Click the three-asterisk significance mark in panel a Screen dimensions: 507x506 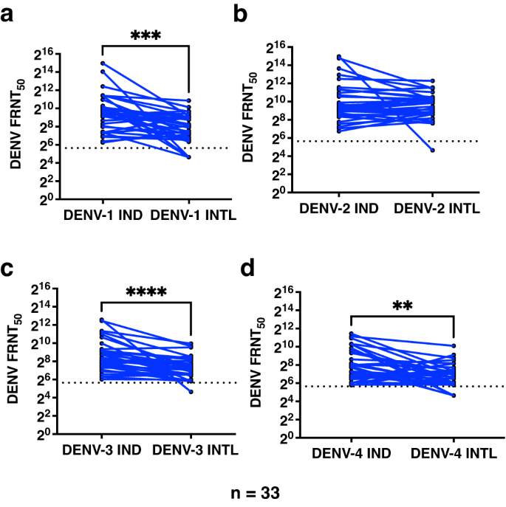(x=146, y=35)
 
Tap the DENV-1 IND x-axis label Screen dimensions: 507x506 (x=101, y=213)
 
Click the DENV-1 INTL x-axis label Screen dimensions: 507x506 (x=191, y=213)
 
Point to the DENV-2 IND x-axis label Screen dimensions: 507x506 (x=339, y=209)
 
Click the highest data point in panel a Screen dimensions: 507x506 (x=102, y=63)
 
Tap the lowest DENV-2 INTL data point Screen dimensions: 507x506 (x=432, y=151)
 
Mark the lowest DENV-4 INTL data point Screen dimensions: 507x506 (x=453, y=396)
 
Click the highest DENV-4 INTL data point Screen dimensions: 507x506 (x=453, y=345)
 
